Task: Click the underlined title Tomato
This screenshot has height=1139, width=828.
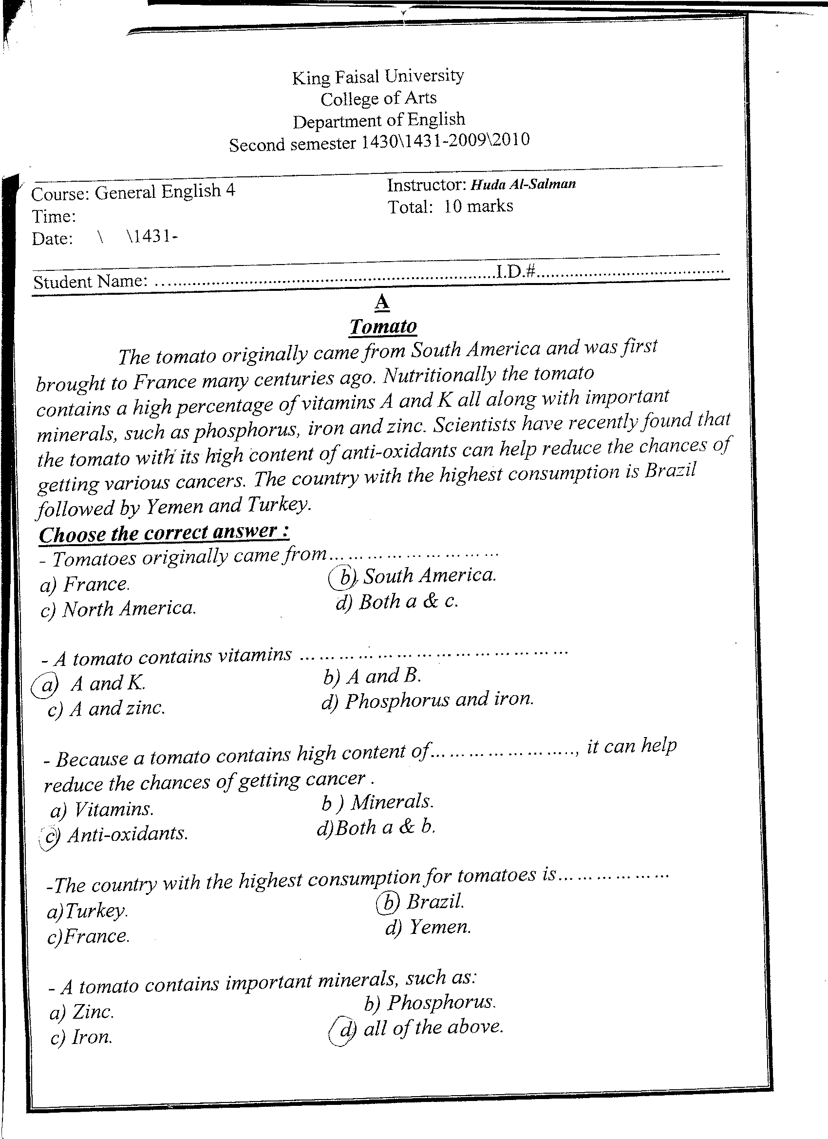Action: tap(383, 327)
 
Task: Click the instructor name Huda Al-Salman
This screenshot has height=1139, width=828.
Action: tap(523, 184)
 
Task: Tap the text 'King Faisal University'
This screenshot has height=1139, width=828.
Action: tap(377, 76)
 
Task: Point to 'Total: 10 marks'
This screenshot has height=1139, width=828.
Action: tap(451, 207)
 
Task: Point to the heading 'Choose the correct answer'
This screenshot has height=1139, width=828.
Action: tap(164, 533)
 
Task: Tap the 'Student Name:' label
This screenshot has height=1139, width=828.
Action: tap(91, 282)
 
